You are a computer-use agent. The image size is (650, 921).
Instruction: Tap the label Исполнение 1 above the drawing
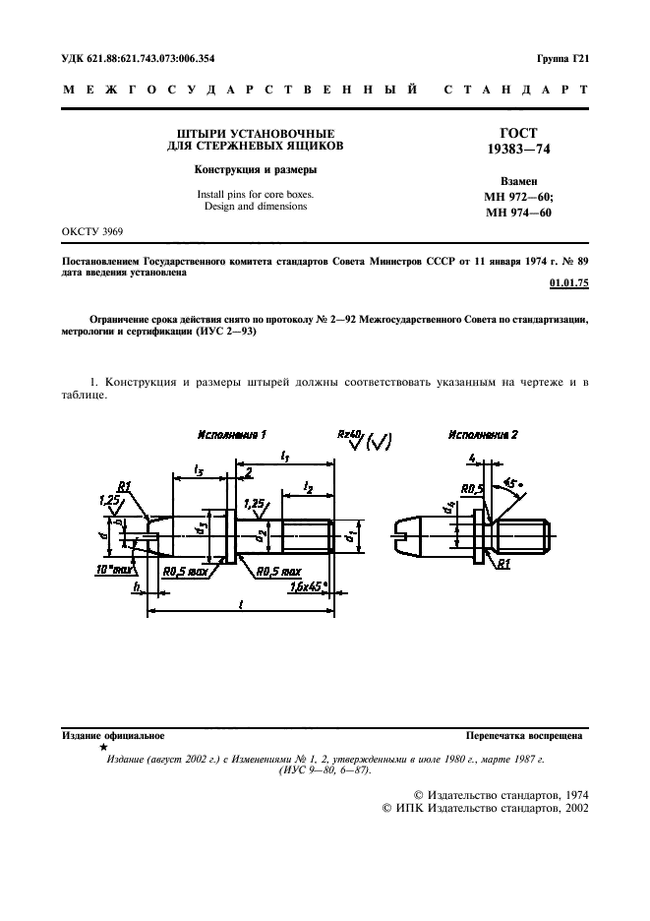232,435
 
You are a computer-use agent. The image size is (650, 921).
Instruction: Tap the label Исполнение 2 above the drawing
483,435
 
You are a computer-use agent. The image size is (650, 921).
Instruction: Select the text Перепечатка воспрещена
524,735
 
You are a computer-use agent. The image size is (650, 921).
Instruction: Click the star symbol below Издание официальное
103,748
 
